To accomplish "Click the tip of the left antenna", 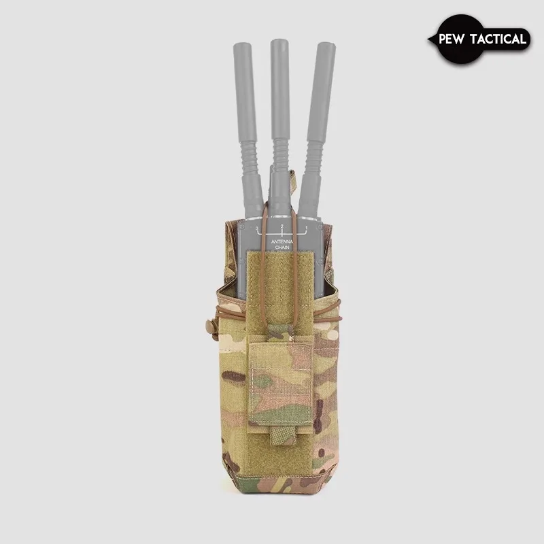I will (x=243, y=48).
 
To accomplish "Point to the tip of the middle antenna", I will (x=278, y=44).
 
